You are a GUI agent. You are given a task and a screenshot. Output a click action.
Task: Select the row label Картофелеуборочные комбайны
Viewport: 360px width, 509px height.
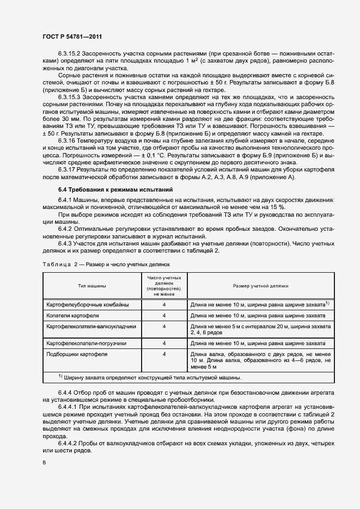click(88, 304)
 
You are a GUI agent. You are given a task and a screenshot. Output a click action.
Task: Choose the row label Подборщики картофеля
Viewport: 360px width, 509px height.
click(77, 354)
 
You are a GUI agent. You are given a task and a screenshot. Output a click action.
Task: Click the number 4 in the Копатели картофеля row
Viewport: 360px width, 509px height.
click(164, 316)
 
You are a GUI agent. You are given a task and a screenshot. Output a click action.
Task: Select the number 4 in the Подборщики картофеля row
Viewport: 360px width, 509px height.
click(164, 354)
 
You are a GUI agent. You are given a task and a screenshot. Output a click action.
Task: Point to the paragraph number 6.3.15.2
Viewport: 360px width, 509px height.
click(69, 55)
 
